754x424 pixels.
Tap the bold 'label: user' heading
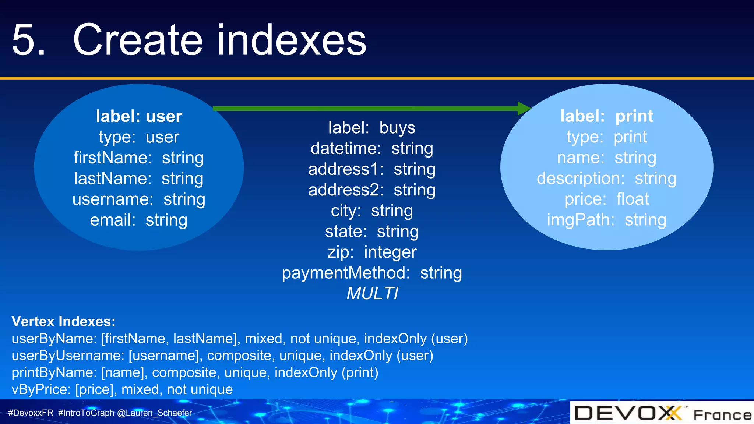[x=139, y=116]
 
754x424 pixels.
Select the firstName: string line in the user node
[x=138, y=158]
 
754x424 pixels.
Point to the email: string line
[x=138, y=220]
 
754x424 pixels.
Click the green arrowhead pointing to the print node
[x=524, y=108]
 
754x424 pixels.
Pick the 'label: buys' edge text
[x=372, y=128]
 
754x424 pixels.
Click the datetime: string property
[x=372, y=149]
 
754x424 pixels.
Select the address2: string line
[x=372, y=190]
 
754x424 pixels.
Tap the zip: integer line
[x=372, y=252]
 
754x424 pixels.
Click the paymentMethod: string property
[x=372, y=273]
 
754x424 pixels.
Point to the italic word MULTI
[x=372, y=294]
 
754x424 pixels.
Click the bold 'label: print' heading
[x=607, y=116]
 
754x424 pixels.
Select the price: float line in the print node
[x=607, y=199]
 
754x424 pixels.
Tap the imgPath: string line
[x=607, y=220]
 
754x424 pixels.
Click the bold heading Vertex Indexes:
[x=63, y=322]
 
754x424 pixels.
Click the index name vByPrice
[x=41, y=389]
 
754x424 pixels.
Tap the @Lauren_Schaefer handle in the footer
[x=155, y=413]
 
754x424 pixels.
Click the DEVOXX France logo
[x=662, y=413]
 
